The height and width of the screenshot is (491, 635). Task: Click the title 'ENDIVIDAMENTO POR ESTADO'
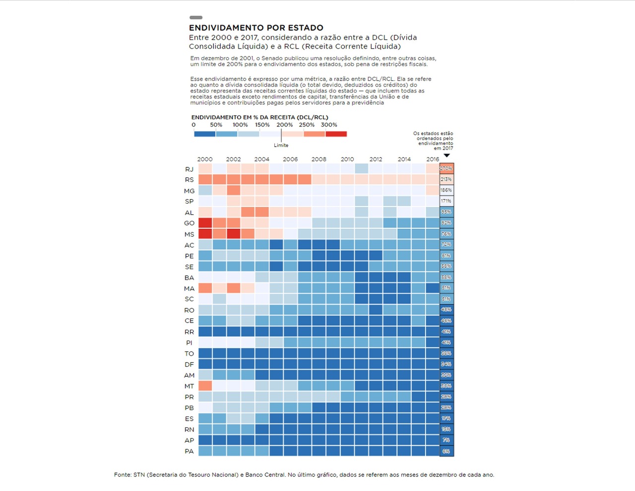tap(256, 28)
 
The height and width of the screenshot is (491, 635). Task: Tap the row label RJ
tap(189, 169)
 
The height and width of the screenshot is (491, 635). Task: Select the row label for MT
tap(189, 386)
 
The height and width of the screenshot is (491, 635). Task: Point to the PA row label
tap(189, 451)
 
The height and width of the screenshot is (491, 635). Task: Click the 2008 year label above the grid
tap(319, 159)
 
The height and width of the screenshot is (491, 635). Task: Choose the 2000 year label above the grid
tap(205, 159)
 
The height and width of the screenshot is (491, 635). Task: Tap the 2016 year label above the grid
tap(433, 159)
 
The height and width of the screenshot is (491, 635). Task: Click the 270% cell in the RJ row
tap(446, 169)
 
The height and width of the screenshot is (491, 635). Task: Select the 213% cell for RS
tap(446, 179)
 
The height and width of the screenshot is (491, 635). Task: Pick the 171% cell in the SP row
tap(446, 201)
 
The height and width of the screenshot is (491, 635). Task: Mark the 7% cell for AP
tap(446, 440)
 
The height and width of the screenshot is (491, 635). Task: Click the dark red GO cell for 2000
tap(205, 223)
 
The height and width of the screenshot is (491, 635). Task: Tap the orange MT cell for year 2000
tap(205, 386)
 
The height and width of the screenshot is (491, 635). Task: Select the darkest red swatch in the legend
tap(336, 134)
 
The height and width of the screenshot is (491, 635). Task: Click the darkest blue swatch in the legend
tap(204, 134)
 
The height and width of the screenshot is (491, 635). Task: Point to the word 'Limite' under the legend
tap(281, 145)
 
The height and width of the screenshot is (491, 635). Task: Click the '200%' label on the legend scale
tap(285, 125)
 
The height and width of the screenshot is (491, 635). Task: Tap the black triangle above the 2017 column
tap(446, 156)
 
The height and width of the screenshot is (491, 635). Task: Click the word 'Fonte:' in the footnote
tap(123, 475)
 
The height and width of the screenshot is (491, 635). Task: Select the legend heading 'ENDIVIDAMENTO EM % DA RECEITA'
tap(259, 118)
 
